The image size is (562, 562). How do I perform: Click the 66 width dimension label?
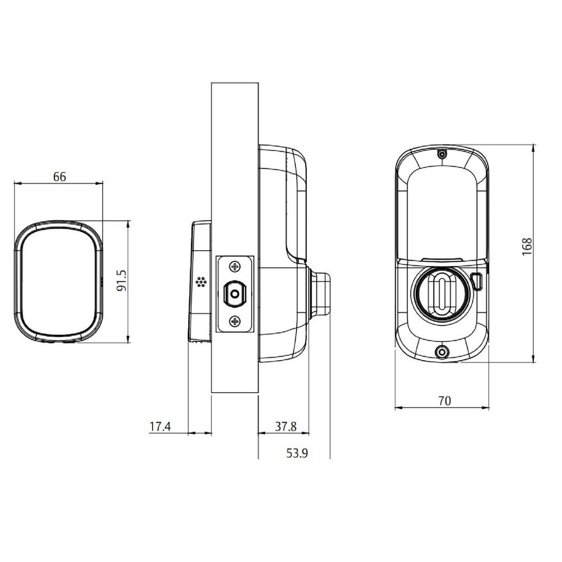pyautogui.click(x=60, y=176)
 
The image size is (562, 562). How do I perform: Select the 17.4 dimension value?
pyautogui.click(x=160, y=427)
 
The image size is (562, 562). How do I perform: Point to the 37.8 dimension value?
pyautogui.click(x=285, y=427)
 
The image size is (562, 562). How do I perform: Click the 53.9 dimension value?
pyautogui.click(x=298, y=453)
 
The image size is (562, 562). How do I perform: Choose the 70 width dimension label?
pyautogui.click(x=444, y=401)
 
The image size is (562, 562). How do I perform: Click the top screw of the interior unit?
pyautogui.click(x=442, y=153)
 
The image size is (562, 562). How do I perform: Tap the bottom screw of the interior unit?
pyautogui.click(x=442, y=352)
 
